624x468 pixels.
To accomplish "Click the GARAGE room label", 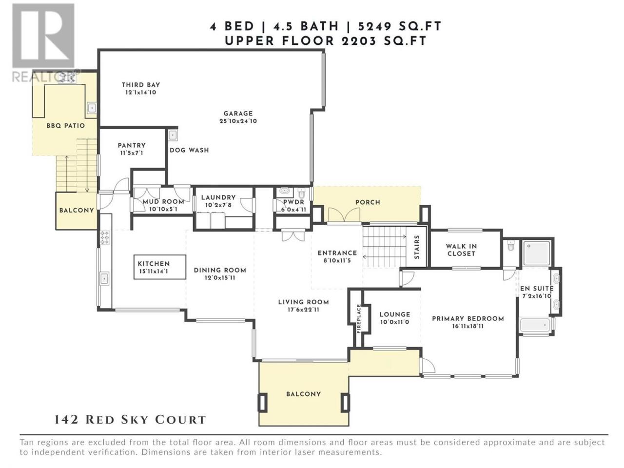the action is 238,114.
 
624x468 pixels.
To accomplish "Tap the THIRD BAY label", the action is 141,85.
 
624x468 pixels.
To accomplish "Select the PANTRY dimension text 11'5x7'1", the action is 131,153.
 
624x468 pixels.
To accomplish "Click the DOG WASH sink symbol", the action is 173,135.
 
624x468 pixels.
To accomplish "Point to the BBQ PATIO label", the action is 66,126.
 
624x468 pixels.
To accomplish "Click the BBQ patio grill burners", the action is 68,78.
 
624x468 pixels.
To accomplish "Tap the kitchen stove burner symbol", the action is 105,237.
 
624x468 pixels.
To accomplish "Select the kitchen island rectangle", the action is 160,267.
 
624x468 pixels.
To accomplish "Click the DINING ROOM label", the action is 220,270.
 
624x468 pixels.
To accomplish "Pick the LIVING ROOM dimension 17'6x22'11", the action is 303,310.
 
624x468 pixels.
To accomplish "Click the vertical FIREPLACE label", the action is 359,318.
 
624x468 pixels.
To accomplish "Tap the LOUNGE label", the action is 395,314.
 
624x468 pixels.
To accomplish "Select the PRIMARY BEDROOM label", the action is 468,319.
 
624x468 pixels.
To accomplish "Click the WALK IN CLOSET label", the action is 461,250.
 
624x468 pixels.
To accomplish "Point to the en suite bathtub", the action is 535,325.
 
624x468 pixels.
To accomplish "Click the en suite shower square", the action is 536,253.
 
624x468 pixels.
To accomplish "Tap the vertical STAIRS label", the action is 417,247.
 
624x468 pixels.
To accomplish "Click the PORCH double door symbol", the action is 344,214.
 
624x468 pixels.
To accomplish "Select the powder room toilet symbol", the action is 301,193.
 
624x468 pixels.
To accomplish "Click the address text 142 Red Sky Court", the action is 130,420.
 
